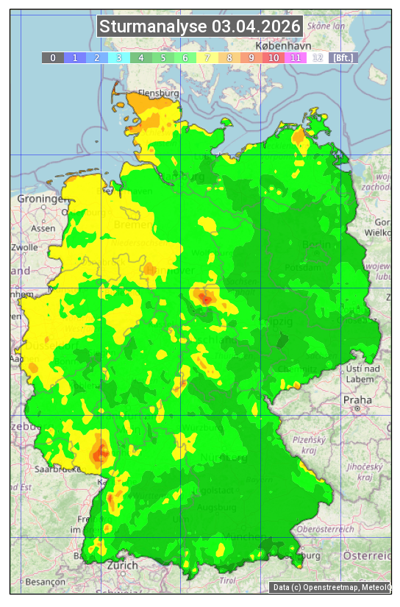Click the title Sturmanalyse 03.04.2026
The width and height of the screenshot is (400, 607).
[x=200, y=27]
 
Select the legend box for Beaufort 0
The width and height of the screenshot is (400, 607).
[x=52, y=57]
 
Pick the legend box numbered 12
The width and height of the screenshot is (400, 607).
[x=318, y=57]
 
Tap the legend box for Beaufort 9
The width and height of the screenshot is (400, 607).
[x=251, y=57]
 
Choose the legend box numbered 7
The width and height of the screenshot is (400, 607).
[x=207, y=57]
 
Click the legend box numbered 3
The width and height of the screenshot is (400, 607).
[x=119, y=57]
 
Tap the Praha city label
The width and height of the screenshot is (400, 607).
[x=357, y=400]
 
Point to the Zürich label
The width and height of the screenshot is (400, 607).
[x=122, y=565]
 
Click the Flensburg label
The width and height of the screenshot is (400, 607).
[x=159, y=94]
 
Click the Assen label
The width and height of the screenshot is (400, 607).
[x=43, y=228]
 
